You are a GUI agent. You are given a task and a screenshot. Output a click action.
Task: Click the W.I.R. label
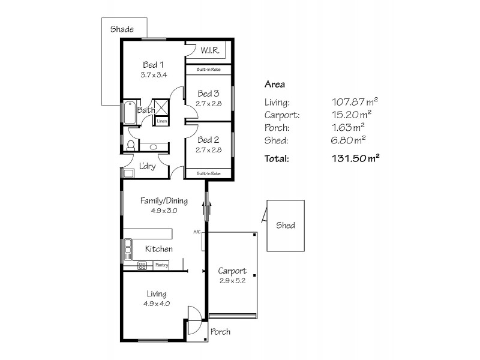tap(209, 50)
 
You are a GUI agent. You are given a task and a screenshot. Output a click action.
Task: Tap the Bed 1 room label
tap(154, 65)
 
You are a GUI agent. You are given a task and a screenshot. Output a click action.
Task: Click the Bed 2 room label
tap(208, 140)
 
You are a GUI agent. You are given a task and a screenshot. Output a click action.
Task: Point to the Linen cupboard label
tap(161, 121)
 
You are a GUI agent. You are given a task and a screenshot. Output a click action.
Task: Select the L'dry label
tap(148, 167)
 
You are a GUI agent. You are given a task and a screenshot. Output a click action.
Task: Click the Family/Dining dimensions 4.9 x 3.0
tap(164, 211)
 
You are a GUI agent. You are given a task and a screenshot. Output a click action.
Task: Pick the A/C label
tap(196, 232)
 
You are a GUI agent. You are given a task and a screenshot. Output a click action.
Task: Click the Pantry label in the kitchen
tap(161, 265)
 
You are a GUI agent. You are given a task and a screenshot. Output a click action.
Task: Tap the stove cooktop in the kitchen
tap(143, 265)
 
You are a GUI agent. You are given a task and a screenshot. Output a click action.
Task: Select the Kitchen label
tap(160, 249)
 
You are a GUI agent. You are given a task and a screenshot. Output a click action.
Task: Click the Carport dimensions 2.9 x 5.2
tap(232, 280)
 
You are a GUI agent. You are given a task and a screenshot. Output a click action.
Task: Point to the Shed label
tap(286, 226)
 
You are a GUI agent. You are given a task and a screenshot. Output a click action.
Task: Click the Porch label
tap(220, 332)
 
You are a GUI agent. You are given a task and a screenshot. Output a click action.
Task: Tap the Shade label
tap(122, 29)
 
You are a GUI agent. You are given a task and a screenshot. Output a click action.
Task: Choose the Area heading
tap(275, 85)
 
